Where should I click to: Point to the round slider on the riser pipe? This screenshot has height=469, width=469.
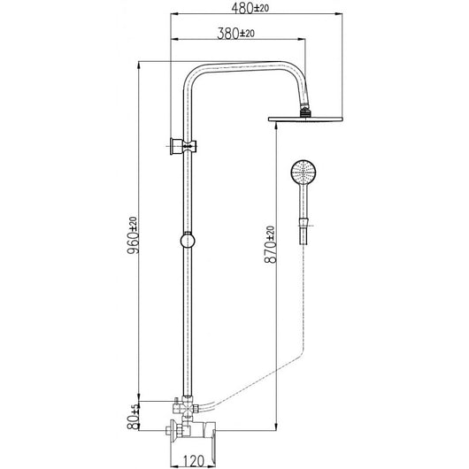click(x=187, y=240)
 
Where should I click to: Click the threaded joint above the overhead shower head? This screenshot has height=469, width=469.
click(x=305, y=110)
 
